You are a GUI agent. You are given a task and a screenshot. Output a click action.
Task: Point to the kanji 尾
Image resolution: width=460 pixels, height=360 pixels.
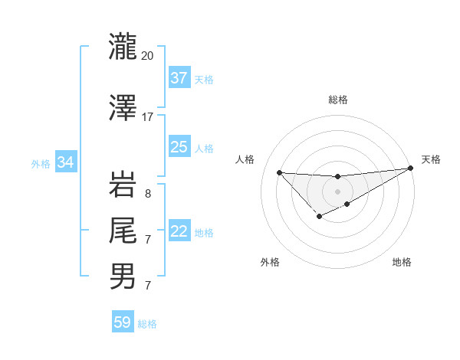[x=123, y=230]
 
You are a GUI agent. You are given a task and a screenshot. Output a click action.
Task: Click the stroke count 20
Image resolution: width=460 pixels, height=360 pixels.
[x=148, y=56]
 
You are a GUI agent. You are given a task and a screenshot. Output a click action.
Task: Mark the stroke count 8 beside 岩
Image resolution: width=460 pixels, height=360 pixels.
[x=147, y=194]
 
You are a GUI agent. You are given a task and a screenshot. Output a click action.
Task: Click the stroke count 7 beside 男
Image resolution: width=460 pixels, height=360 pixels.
[x=147, y=286]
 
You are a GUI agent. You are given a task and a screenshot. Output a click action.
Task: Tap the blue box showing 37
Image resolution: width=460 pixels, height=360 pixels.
[x=179, y=78]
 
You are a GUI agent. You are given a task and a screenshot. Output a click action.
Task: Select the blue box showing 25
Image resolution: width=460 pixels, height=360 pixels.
[x=179, y=147]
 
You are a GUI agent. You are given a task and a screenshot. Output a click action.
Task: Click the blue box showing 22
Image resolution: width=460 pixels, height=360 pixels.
[x=179, y=232]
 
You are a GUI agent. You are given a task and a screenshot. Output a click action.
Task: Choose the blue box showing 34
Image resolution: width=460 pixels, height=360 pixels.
[x=66, y=162]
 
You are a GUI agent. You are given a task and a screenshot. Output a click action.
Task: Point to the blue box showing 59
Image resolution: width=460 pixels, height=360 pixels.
[x=123, y=322]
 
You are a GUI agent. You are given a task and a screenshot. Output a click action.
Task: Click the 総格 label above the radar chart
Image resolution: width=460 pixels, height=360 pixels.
[x=337, y=100]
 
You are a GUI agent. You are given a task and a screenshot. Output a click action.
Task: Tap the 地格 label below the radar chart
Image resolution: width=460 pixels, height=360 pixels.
[x=402, y=262]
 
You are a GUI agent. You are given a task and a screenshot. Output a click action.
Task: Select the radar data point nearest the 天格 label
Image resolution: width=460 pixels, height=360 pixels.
[x=411, y=169]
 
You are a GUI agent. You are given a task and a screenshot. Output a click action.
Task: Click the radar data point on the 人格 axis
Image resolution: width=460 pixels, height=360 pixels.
[x=279, y=172]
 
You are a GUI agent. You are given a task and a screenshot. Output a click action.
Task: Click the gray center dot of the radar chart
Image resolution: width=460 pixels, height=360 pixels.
[x=337, y=191]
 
